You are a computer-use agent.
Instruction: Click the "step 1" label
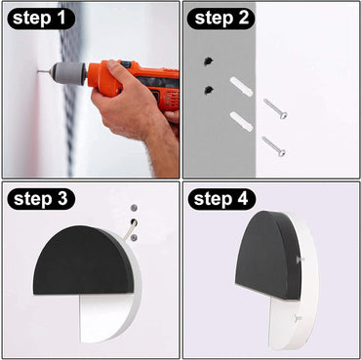point(40,18)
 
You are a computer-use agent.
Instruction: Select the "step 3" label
point(40,200)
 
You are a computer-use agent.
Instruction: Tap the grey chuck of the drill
point(68,73)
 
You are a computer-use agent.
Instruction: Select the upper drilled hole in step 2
point(207,61)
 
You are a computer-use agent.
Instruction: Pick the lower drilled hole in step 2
point(208,91)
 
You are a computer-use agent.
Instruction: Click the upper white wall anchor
point(241,86)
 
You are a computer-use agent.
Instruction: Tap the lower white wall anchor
point(242,121)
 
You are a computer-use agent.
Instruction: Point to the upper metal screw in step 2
point(274,108)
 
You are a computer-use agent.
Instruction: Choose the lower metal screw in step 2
point(273,146)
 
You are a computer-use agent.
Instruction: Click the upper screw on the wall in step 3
point(133,209)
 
